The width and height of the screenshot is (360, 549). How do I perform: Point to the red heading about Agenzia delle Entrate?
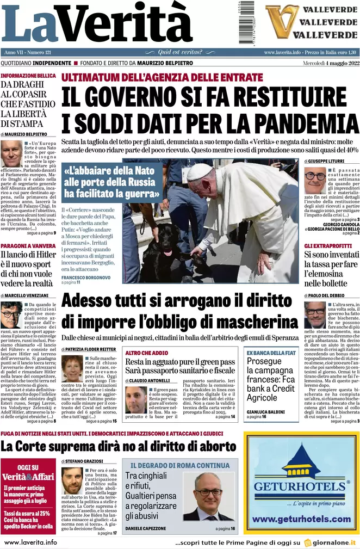[x=162, y=77]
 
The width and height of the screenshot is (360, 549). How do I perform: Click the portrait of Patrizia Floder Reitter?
[x=72, y=368]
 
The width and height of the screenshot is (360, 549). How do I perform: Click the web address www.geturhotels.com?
[x=302, y=519]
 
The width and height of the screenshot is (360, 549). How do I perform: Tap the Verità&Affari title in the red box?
[x=28, y=477]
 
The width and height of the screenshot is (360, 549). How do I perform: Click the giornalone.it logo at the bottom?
[x=331, y=542]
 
